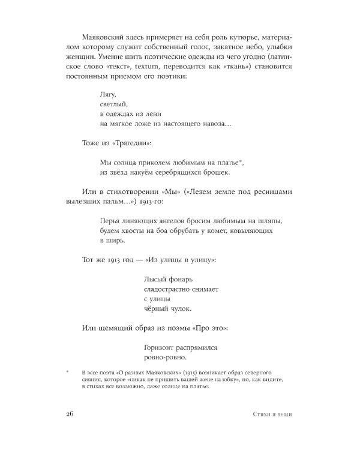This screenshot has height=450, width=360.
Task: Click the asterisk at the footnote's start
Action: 68,373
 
